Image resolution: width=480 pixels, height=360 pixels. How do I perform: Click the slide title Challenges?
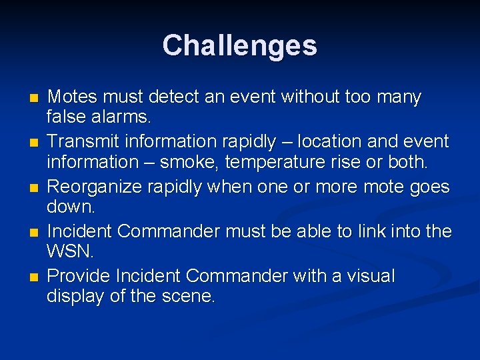click(x=239, y=45)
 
